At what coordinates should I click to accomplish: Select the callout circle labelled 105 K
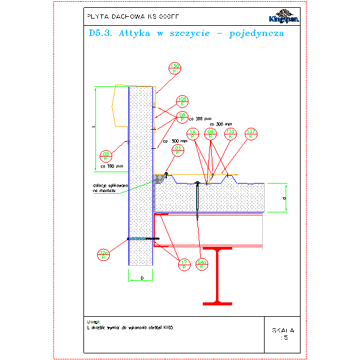tap(182, 101)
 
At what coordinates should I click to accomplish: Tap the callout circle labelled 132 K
tap(230, 134)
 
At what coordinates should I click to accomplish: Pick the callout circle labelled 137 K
tap(251, 134)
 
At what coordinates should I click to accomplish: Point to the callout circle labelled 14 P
tap(193, 134)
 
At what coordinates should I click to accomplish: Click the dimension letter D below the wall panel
tap(141, 278)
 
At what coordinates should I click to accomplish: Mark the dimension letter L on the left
tap(94, 127)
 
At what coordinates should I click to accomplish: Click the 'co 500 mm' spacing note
tap(175, 142)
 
